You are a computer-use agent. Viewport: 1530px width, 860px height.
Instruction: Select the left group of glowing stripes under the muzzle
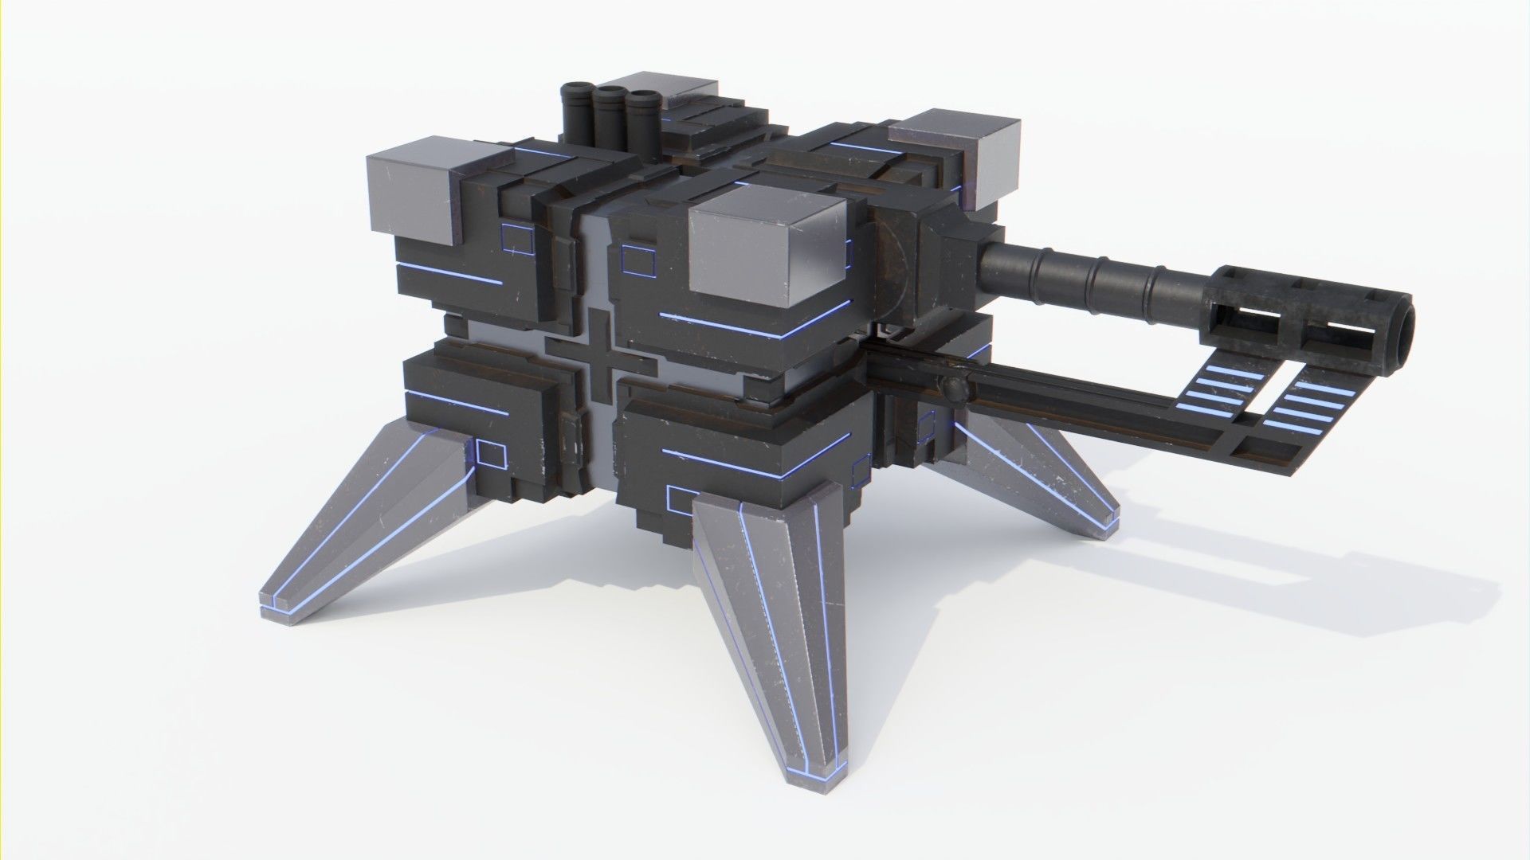point(1219,390)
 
